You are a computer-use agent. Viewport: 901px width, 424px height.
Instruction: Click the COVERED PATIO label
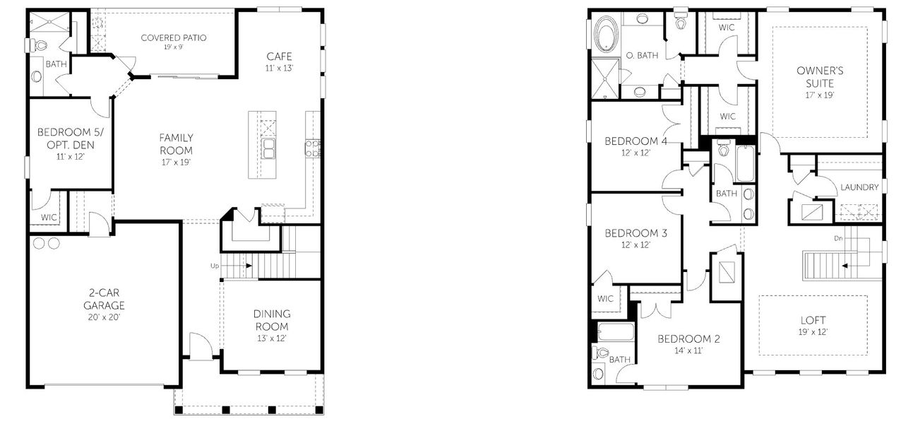click(x=173, y=37)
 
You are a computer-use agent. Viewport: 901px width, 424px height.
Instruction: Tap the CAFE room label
click(x=279, y=57)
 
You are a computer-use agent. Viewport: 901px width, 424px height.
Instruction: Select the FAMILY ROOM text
click(x=176, y=143)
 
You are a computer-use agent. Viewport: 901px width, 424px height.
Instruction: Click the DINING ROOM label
click(x=271, y=320)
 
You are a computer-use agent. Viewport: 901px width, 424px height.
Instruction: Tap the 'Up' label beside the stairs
click(x=215, y=266)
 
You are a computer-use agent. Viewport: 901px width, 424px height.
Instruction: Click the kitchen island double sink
click(x=269, y=148)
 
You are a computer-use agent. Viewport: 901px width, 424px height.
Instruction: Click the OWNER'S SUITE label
click(x=819, y=76)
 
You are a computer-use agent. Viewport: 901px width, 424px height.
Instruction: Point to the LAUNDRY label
click(x=859, y=187)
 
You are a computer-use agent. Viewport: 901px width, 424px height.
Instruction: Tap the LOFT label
click(x=813, y=320)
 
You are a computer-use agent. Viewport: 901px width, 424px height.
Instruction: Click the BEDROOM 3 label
click(x=636, y=232)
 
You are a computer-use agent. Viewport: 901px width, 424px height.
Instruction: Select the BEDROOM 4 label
click(x=636, y=141)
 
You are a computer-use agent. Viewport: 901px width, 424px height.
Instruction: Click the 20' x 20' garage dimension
click(x=102, y=318)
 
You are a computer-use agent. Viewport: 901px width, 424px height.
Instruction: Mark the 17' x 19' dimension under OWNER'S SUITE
click(x=819, y=94)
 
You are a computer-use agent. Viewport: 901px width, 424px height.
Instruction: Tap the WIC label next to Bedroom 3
click(x=605, y=298)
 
